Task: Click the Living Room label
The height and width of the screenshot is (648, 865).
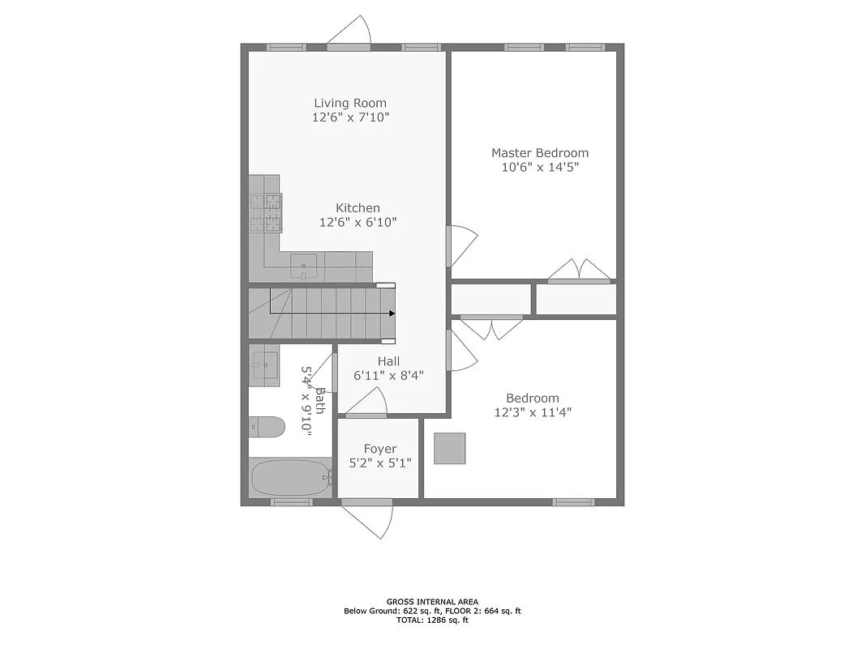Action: coord(350,103)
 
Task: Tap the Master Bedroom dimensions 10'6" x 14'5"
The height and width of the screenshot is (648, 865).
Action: coord(540,168)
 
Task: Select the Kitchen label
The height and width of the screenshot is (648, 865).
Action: coord(358,208)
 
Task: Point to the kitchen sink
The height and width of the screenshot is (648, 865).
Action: coord(304,262)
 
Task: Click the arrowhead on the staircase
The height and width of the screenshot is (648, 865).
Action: coord(392,313)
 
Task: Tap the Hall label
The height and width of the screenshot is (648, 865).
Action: coord(388,361)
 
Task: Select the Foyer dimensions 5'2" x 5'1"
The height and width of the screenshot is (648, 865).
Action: coord(379,463)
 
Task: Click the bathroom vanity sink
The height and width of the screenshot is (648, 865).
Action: coord(263,363)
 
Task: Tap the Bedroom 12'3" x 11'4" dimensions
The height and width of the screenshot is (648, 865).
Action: coord(533,412)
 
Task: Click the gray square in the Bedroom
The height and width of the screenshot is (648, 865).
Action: coord(450,449)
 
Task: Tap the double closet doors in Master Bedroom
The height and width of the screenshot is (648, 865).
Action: coord(579,271)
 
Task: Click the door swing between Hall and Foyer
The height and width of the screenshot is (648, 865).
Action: coord(369,403)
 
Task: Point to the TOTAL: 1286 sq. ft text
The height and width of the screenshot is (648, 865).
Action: coord(432,620)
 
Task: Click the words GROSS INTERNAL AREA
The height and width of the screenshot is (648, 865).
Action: coord(432,601)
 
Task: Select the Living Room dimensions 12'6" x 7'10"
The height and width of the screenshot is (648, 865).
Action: coord(350,117)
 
